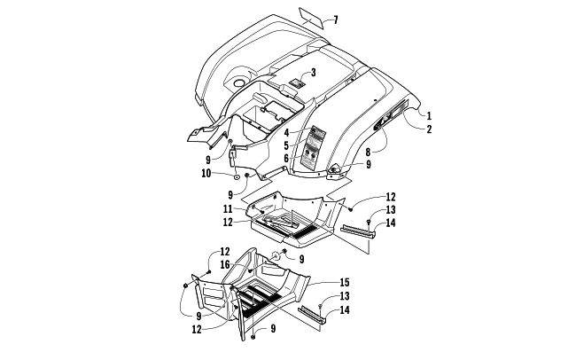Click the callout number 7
click(x=334, y=20)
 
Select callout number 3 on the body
click(x=312, y=72)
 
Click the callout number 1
click(x=429, y=115)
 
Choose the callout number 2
click(x=429, y=129)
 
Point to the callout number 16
click(x=225, y=264)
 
